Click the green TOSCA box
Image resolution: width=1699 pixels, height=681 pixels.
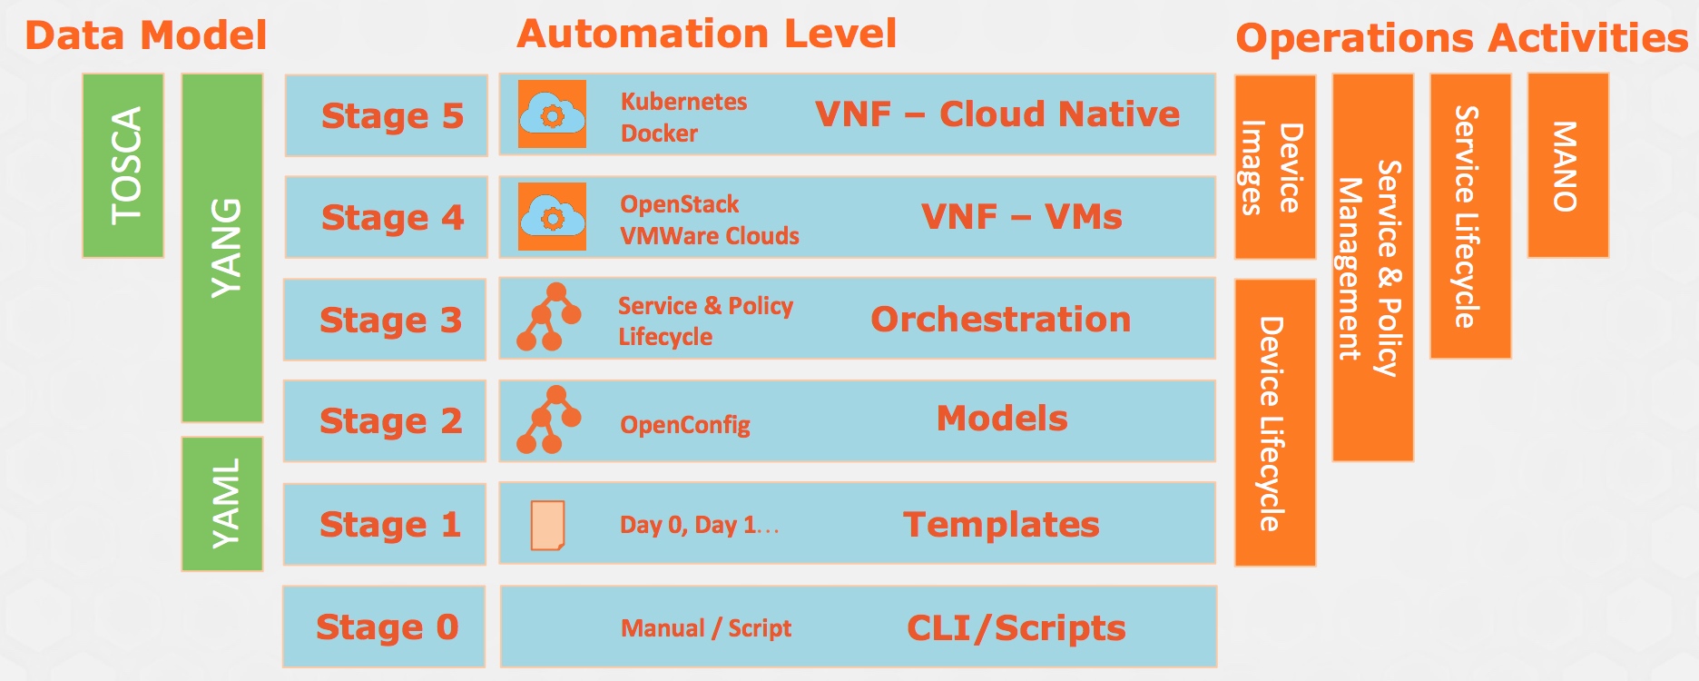point(123,165)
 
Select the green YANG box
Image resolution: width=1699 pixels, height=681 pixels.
point(222,248)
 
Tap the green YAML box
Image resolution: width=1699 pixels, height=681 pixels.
point(222,503)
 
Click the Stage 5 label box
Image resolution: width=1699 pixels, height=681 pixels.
point(387,116)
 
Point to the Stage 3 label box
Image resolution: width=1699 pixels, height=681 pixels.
point(386,320)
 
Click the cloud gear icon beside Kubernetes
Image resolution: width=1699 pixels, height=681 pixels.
point(552,113)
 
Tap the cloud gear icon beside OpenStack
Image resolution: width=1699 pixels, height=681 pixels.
point(552,216)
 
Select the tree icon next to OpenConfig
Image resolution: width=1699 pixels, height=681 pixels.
point(548,419)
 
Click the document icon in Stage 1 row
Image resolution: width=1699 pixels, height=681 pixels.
point(547,525)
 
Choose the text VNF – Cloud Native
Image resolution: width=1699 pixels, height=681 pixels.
point(997,114)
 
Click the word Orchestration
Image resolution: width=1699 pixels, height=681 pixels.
point(1000,320)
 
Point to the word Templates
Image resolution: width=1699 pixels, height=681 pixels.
point(1000,525)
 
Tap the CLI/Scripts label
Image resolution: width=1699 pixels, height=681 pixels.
point(1016,628)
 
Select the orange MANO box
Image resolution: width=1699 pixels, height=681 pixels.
point(1567,165)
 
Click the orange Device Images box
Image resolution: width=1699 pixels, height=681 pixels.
point(1275,167)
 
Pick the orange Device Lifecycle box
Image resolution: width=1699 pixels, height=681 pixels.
point(1275,423)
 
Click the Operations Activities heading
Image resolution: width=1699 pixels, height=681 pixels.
point(1461,38)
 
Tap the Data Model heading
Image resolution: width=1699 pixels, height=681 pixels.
point(145,35)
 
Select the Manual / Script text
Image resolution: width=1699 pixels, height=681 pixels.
point(705,628)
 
